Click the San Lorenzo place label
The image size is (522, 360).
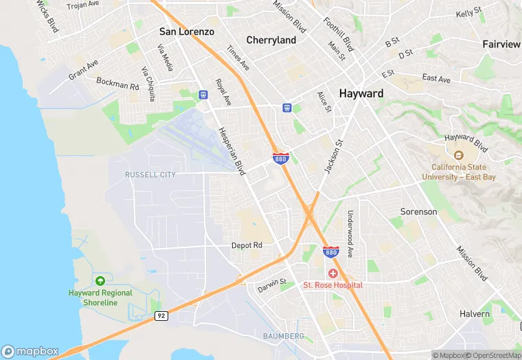[x=187, y=32]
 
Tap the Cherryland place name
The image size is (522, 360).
[x=271, y=40]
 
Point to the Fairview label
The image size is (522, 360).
[x=501, y=44]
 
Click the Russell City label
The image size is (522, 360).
[x=150, y=175]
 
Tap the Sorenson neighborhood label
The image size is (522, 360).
[x=418, y=212]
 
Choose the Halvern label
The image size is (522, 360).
[x=475, y=314]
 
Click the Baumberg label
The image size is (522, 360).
[x=283, y=336]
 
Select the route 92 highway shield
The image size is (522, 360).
[x=161, y=316]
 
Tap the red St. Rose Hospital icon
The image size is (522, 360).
[x=332, y=273]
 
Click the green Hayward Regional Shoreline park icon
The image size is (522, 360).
[x=100, y=281]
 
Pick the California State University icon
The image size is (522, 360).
[x=459, y=155]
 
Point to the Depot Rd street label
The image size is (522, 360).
[x=247, y=245]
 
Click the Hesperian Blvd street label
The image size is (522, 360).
[x=231, y=151]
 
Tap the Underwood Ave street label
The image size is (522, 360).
[x=350, y=234]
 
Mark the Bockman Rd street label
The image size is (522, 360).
[x=117, y=85]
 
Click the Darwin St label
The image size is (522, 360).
[x=271, y=284]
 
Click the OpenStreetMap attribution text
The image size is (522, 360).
[x=494, y=355]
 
